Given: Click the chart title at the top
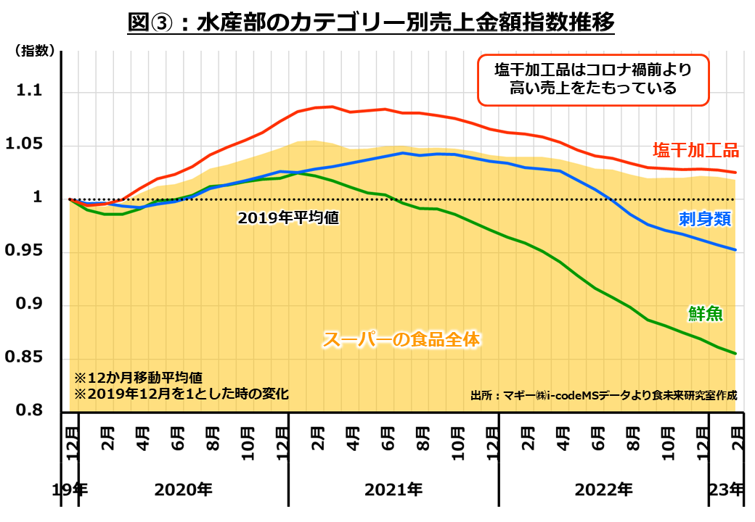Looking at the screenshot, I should pyautogui.click(x=371, y=22).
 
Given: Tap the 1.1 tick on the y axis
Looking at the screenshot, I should pyautogui.click(x=30, y=93).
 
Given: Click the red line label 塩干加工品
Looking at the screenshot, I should pyautogui.click(x=695, y=151).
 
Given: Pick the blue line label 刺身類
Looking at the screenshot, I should pyautogui.click(x=704, y=219).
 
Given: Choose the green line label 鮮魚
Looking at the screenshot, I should pyautogui.click(x=705, y=313).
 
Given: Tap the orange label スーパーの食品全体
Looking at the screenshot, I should pyautogui.click(x=403, y=339).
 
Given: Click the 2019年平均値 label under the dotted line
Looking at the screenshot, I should pyautogui.click(x=288, y=217).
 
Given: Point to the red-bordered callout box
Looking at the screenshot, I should pyautogui.click(x=593, y=79).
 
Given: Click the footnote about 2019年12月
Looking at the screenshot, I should pyautogui.click(x=181, y=394).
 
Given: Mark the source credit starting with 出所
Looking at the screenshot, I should pyautogui.click(x=603, y=396).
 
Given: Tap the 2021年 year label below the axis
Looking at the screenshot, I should pyautogui.click(x=393, y=489).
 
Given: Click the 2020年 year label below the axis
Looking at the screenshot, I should pyautogui.click(x=184, y=489).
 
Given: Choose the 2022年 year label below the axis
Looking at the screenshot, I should pyautogui.click(x=603, y=489).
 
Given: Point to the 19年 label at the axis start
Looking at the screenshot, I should pyautogui.click(x=70, y=489).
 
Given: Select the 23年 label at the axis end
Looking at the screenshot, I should pyautogui.click(x=727, y=489).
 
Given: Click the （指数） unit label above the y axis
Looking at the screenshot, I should pyautogui.click(x=33, y=51).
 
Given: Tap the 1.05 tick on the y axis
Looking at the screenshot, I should pyautogui.click(x=24, y=146).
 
